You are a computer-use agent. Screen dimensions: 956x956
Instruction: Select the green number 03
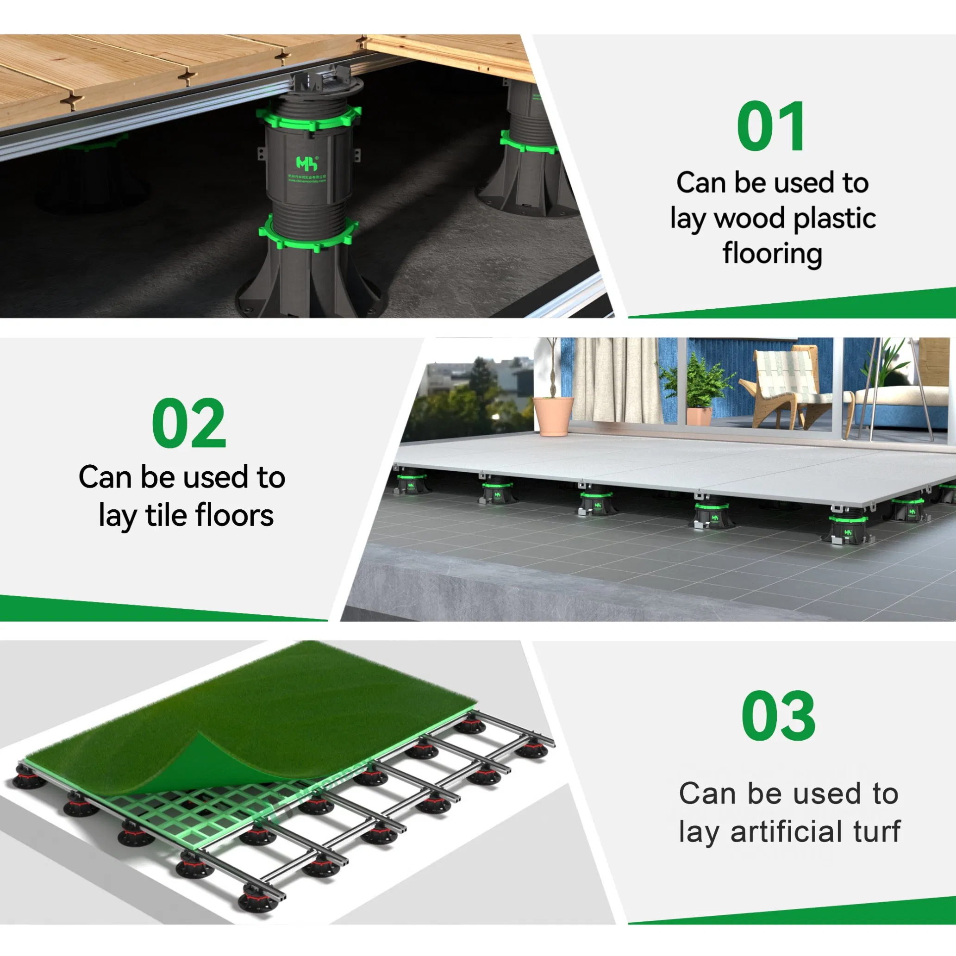click(778, 716)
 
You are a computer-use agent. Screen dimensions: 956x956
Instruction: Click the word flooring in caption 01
click(772, 254)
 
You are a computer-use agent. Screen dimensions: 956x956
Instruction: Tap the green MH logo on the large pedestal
click(307, 163)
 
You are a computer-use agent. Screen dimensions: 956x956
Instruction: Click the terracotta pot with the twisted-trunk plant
click(553, 416)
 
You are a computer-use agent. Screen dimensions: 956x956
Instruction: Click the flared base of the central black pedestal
click(309, 292)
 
